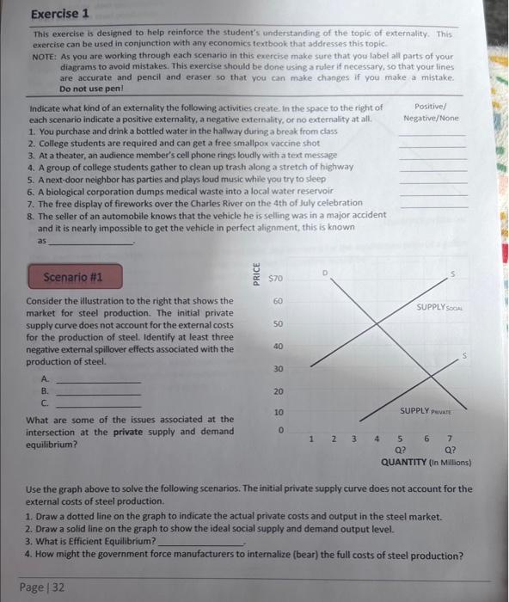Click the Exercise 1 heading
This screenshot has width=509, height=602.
pyautogui.click(x=61, y=15)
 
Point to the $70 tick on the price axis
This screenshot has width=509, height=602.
pyautogui.click(x=276, y=279)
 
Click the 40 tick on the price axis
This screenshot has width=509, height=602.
pyautogui.click(x=278, y=346)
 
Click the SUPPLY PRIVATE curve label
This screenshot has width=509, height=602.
pyautogui.click(x=425, y=411)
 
